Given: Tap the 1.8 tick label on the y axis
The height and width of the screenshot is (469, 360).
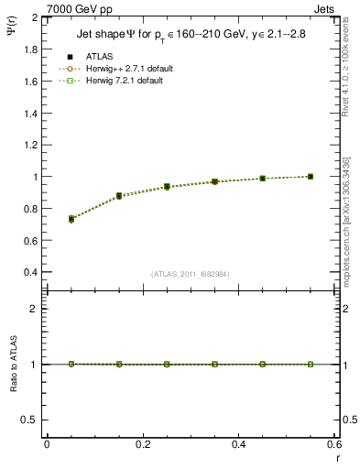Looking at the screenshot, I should tap(30, 49).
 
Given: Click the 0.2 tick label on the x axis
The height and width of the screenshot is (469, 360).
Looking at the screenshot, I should tap(143, 444).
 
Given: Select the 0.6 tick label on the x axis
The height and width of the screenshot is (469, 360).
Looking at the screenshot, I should tap(334, 444).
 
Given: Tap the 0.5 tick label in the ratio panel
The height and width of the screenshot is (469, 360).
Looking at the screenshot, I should tap(30, 420).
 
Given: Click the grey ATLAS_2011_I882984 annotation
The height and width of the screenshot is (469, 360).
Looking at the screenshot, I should tap(191, 274).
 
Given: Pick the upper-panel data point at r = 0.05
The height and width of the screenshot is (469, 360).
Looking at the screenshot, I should tap(71, 219).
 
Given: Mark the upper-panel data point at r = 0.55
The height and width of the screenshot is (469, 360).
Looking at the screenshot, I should tap(311, 176).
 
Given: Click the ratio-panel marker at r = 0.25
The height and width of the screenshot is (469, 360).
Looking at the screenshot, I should tap(167, 364).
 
